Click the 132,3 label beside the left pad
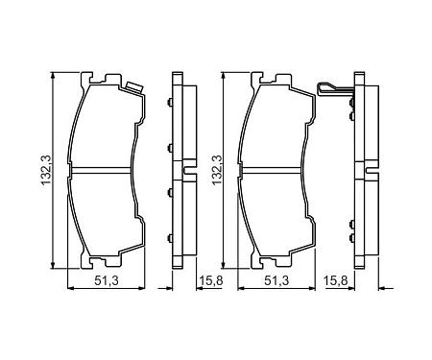(x=46, y=170)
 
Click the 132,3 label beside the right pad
(x=217, y=170)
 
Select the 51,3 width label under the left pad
(x=107, y=280)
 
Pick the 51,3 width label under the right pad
(x=276, y=280)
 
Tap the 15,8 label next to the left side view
(x=211, y=280)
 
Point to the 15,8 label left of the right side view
(x=336, y=280)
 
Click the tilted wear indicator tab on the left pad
(x=134, y=87)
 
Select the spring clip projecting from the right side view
(x=333, y=89)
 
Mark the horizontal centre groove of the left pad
(x=102, y=170)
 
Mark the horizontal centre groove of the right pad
(x=272, y=170)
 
